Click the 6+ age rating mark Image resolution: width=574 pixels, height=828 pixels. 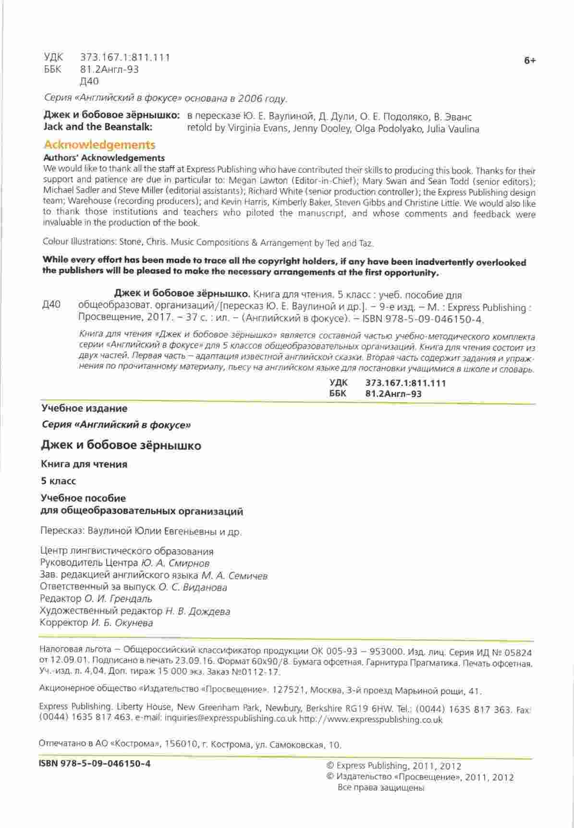point(529,60)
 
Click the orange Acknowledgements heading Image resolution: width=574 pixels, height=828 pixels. point(99,145)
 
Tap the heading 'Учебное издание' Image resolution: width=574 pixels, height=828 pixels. point(84,409)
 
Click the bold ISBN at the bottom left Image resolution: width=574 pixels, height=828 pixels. point(95,763)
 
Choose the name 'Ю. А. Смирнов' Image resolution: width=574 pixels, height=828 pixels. point(175,563)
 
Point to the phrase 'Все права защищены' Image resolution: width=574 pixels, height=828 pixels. point(381,788)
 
